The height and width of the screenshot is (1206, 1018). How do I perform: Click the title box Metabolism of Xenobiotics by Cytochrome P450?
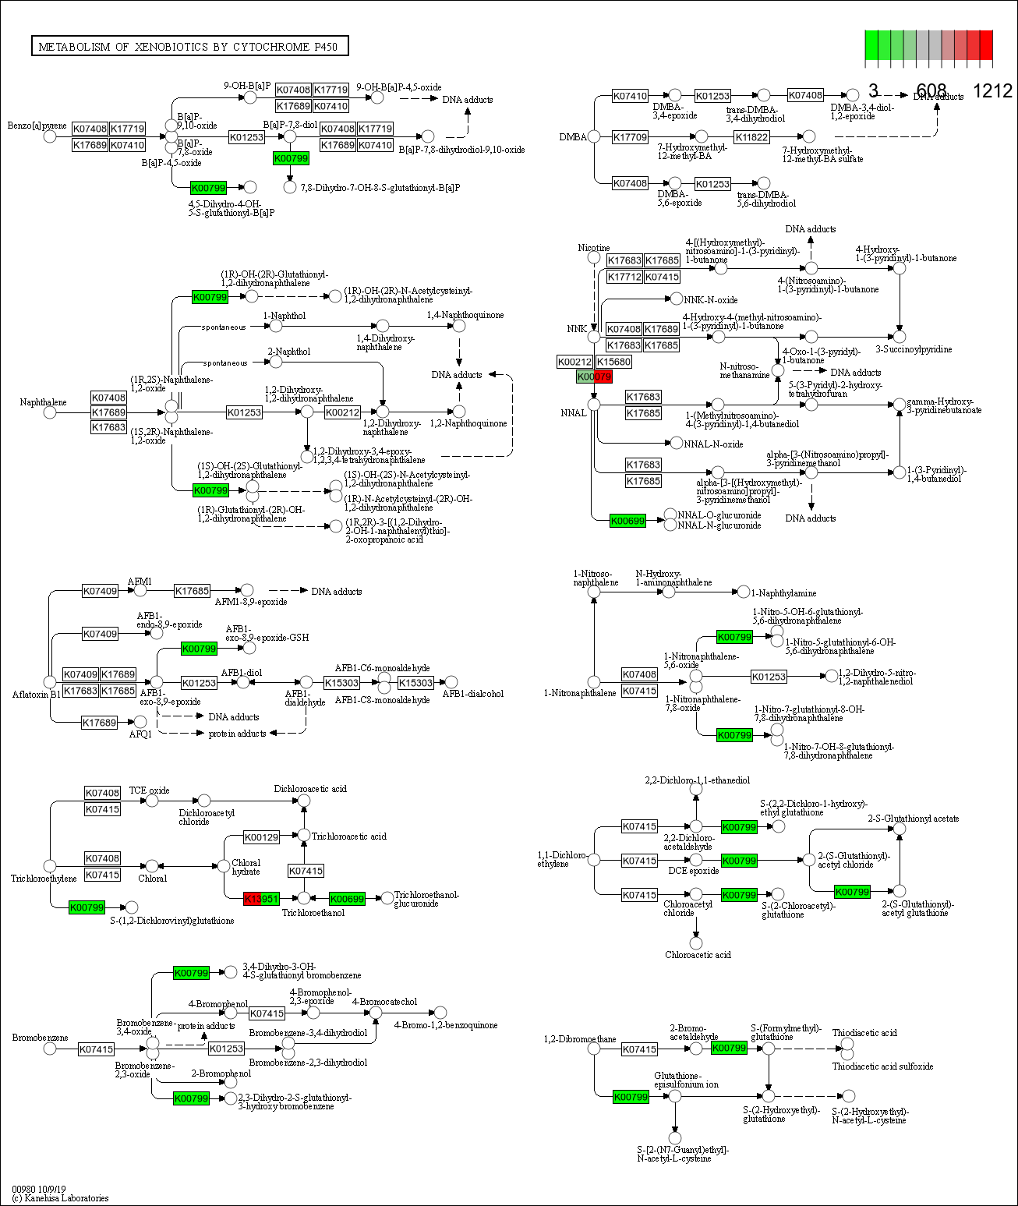189,47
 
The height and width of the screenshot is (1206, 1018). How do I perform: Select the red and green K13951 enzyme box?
261,899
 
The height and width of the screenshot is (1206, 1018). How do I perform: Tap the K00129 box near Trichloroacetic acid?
261,837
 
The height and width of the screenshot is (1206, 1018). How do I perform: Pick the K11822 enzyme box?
751,137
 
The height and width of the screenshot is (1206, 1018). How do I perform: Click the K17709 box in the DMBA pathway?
630,137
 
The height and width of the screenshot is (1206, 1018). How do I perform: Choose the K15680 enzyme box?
613,362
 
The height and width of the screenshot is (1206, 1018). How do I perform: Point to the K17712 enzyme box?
624,277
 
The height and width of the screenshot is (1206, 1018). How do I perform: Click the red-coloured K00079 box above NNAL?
603,377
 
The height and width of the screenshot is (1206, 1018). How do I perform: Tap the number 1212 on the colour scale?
992,91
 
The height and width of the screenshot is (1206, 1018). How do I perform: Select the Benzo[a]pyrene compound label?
37,126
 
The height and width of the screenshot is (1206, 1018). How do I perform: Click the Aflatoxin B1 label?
36,694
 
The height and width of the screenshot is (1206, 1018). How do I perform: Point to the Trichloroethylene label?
44,879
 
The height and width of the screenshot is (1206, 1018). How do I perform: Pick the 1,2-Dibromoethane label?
579,1039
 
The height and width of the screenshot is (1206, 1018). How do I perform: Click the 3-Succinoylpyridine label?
913,349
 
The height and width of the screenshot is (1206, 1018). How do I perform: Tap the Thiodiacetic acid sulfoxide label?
882,1066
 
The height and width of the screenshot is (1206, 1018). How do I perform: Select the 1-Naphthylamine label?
783,593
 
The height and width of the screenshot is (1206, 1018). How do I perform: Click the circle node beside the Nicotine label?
594,257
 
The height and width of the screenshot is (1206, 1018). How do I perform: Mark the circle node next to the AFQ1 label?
140,723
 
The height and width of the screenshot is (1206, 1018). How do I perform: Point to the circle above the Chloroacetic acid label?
696,943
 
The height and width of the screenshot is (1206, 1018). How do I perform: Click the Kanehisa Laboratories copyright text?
60,1198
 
